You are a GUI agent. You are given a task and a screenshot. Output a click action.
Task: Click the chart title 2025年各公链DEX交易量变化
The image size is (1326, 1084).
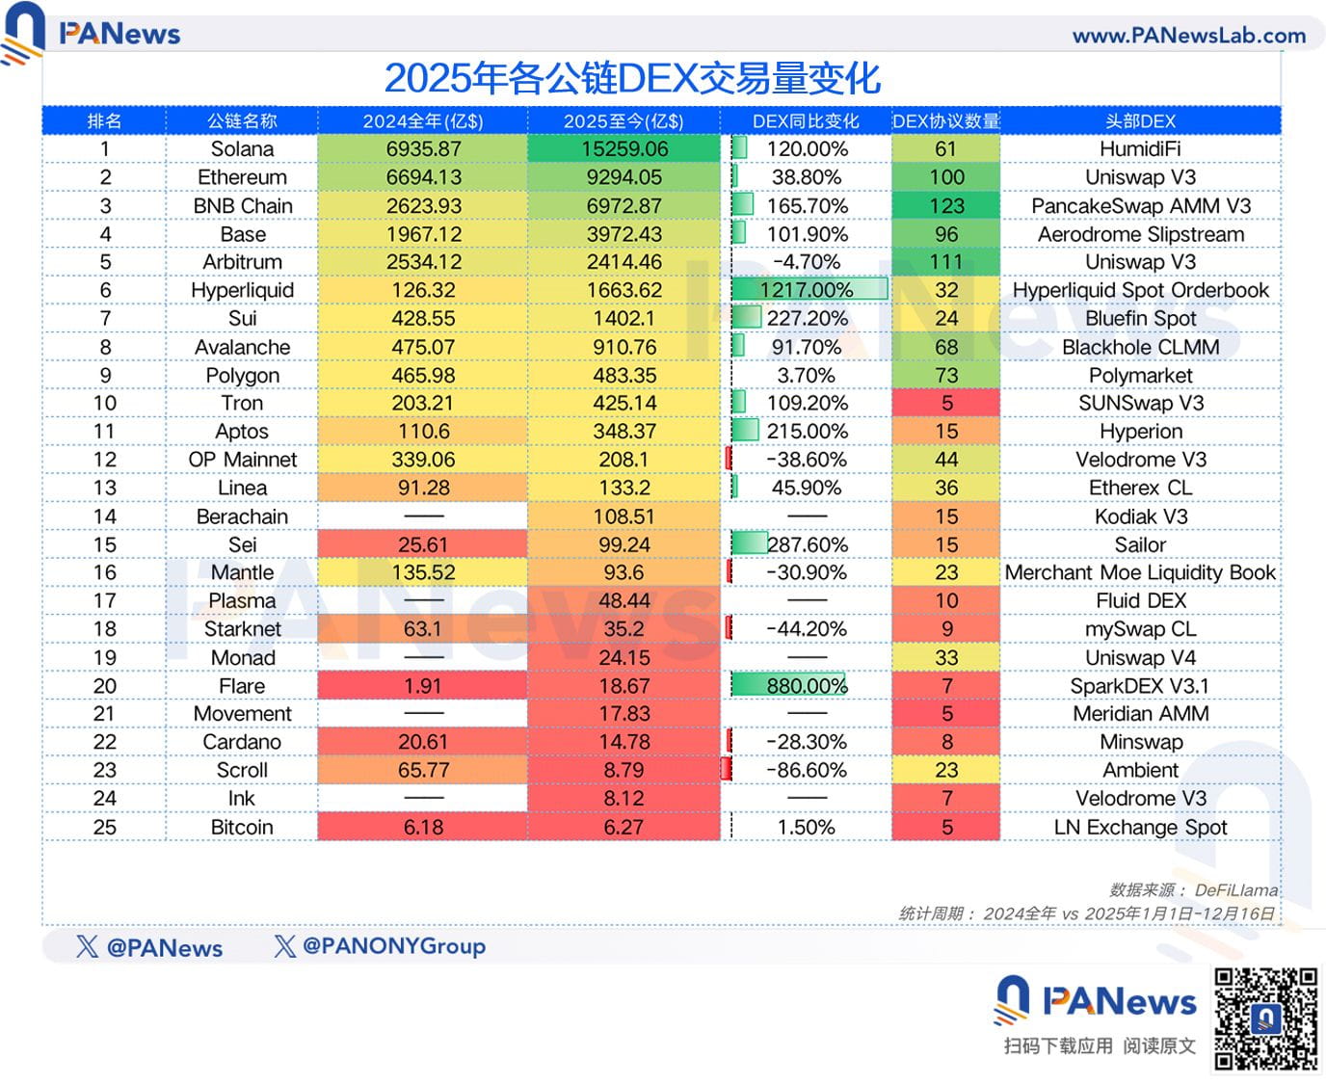[x=632, y=78]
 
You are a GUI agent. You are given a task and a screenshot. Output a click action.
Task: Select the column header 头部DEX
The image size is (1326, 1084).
[x=1140, y=121]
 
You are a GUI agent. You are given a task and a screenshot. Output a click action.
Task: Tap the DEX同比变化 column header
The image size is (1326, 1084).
[x=806, y=121]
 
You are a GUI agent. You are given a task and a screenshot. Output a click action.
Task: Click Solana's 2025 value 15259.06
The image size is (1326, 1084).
[x=624, y=149]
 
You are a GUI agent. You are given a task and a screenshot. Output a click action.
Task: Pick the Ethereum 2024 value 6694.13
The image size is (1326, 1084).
[x=423, y=177]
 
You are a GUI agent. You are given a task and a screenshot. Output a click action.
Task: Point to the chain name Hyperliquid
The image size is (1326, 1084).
[x=242, y=290]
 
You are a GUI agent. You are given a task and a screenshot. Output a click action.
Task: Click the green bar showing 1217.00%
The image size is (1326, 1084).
[x=809, y=290]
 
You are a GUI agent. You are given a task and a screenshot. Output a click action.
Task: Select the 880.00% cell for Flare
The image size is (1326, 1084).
[x=807, y=686]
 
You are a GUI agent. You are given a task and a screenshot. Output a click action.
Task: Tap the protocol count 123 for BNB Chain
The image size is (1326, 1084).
[x=946, y=206]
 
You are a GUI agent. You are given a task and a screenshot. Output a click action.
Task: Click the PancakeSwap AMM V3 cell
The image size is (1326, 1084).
[x=1140, y=206]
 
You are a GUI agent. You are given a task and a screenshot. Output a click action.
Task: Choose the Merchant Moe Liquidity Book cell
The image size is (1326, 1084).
[x=1140, y=572]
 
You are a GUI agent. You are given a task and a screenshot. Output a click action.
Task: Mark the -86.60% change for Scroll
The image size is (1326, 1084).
[x=807, y=770]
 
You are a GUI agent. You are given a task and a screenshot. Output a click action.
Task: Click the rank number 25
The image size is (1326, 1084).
[x=104, y=828]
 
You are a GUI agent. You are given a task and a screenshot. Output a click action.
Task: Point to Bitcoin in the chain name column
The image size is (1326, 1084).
[x=242, y=828]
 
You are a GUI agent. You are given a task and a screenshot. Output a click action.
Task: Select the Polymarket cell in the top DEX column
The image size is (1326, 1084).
[x=1140, y=376]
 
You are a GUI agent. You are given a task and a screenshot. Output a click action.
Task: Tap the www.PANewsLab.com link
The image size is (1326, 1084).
[x=1188, y=36]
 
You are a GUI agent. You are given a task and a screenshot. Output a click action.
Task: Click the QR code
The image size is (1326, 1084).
[x=1265, y=1018]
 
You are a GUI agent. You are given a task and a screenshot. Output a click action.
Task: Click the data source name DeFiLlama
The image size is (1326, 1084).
[x=1235, y=890]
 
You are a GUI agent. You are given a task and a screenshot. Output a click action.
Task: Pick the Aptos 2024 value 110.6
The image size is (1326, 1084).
[x=423, y=432]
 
